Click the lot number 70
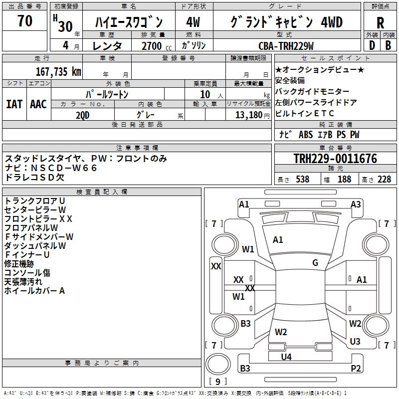pos(25,21)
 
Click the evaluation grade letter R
pos(380,22)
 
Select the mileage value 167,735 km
pos(59,71)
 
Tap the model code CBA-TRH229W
pos(286,46)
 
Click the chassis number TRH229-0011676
pos(335,159)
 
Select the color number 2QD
pos(83,114)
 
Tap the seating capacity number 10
pos(204,94)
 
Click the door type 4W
pos(193,22)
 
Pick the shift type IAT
pos(14,104)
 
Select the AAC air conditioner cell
pos(38,104)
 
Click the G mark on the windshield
pos(315,263)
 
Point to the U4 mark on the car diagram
pos(286,357)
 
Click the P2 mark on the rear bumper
pos(356,369)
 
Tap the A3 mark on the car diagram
pos(356,204)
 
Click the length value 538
pos(302,180)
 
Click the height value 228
pos(384,180)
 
